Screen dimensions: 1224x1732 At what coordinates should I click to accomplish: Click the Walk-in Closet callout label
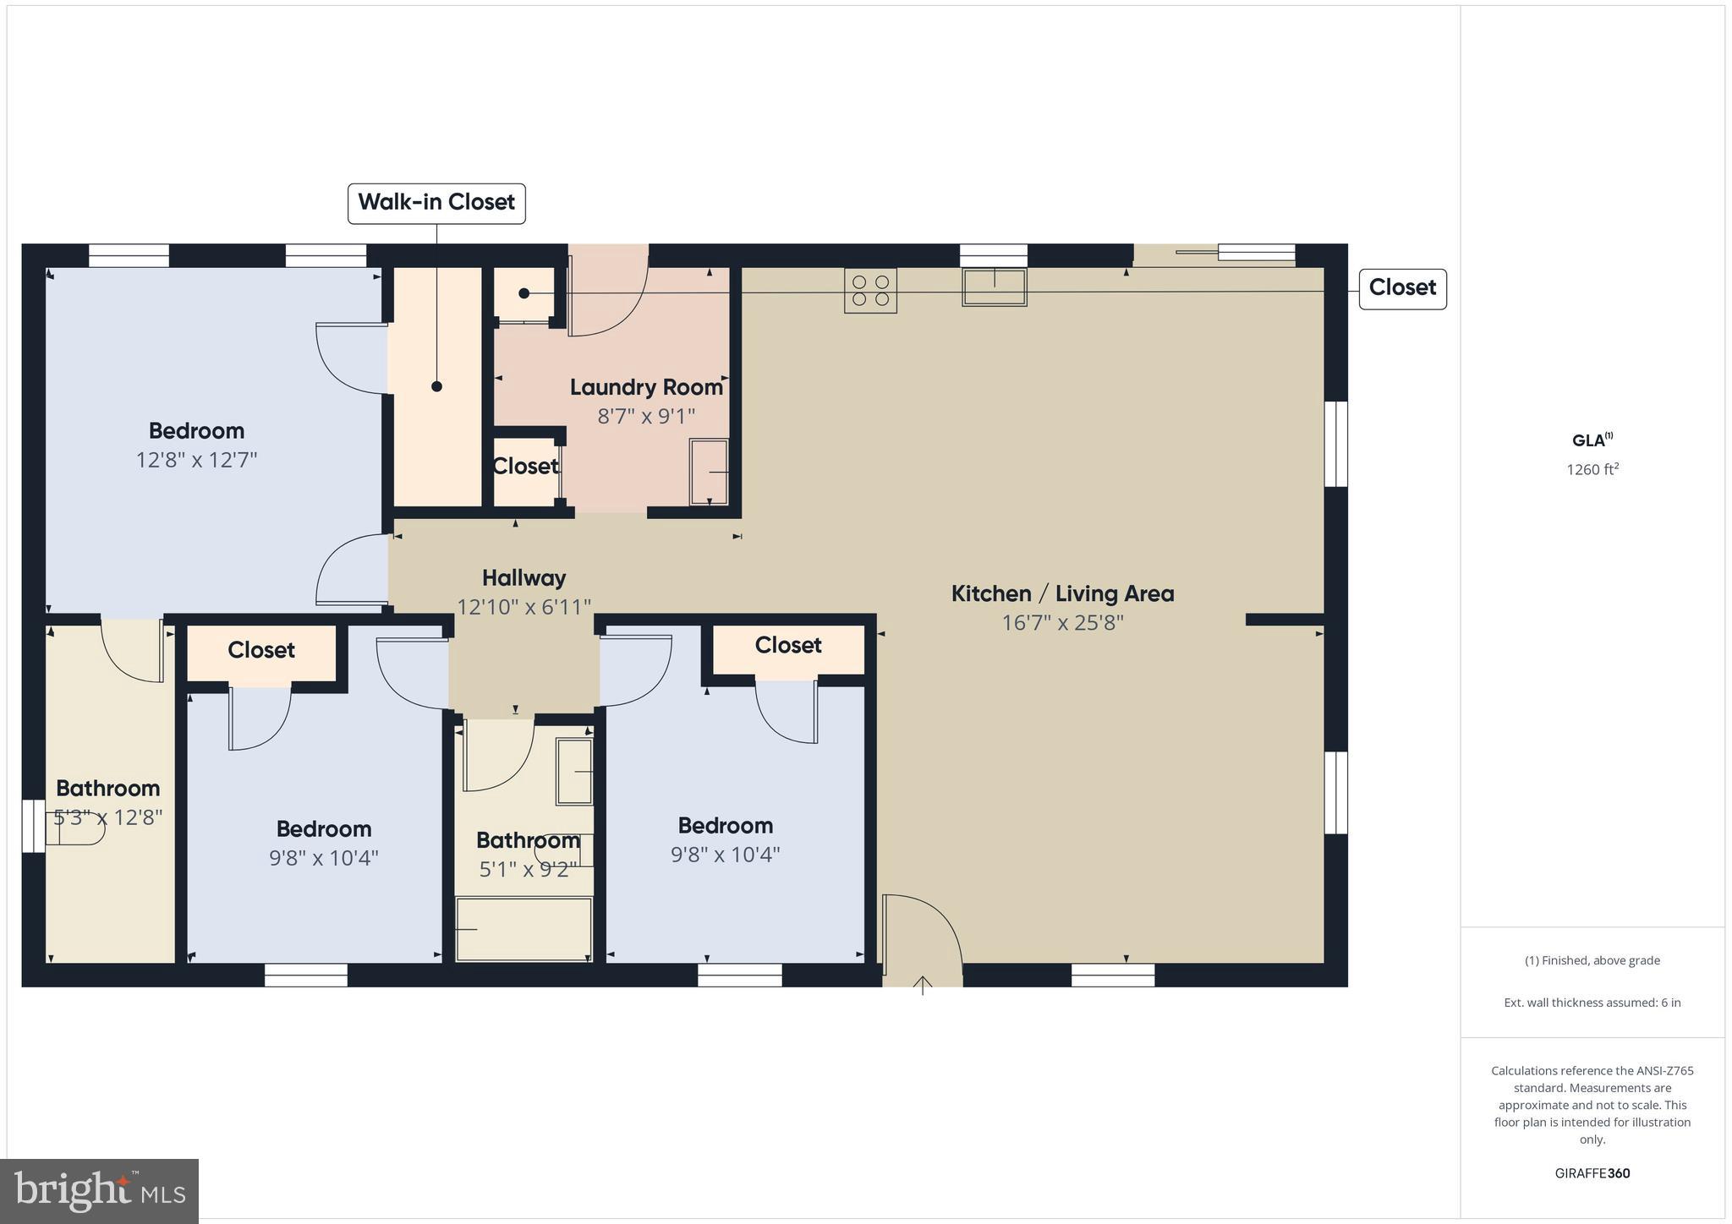[436, 203]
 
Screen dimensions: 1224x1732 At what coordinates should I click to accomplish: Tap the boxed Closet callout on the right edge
[1402, 288]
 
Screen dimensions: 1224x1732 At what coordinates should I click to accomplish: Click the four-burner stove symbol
[870, 291]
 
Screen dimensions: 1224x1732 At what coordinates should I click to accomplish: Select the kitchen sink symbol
[994, 287]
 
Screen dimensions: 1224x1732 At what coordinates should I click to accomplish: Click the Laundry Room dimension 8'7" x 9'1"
[646, 416]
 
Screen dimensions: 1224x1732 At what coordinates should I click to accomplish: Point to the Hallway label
[523, 578]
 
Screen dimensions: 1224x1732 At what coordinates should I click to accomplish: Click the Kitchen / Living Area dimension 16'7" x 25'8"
[1062, 623]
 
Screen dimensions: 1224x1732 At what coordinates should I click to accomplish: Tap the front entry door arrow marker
[922, 985]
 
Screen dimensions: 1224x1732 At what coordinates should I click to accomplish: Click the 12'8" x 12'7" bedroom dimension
[196, 460]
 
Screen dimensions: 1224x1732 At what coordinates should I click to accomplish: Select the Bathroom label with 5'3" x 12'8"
[107, 789]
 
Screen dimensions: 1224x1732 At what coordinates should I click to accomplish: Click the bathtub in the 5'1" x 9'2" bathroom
[523, 929]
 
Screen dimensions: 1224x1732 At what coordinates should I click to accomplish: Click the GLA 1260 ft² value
[1592, 470]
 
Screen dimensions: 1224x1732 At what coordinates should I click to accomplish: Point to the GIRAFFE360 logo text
[1592, 1173]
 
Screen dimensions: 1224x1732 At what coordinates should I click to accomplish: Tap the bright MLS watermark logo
[100, 1191]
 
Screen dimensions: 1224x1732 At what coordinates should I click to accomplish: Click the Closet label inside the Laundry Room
[525, 467]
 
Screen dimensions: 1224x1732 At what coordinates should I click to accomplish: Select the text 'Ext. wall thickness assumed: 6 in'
[1592, 1003]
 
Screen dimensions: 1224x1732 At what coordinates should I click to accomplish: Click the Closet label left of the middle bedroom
[260, 650]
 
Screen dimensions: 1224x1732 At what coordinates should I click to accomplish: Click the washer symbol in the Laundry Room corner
[709, 472]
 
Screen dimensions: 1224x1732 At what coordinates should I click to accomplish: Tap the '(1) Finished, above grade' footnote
[1592, 960]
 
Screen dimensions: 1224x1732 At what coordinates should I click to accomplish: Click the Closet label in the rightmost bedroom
[788, 646]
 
